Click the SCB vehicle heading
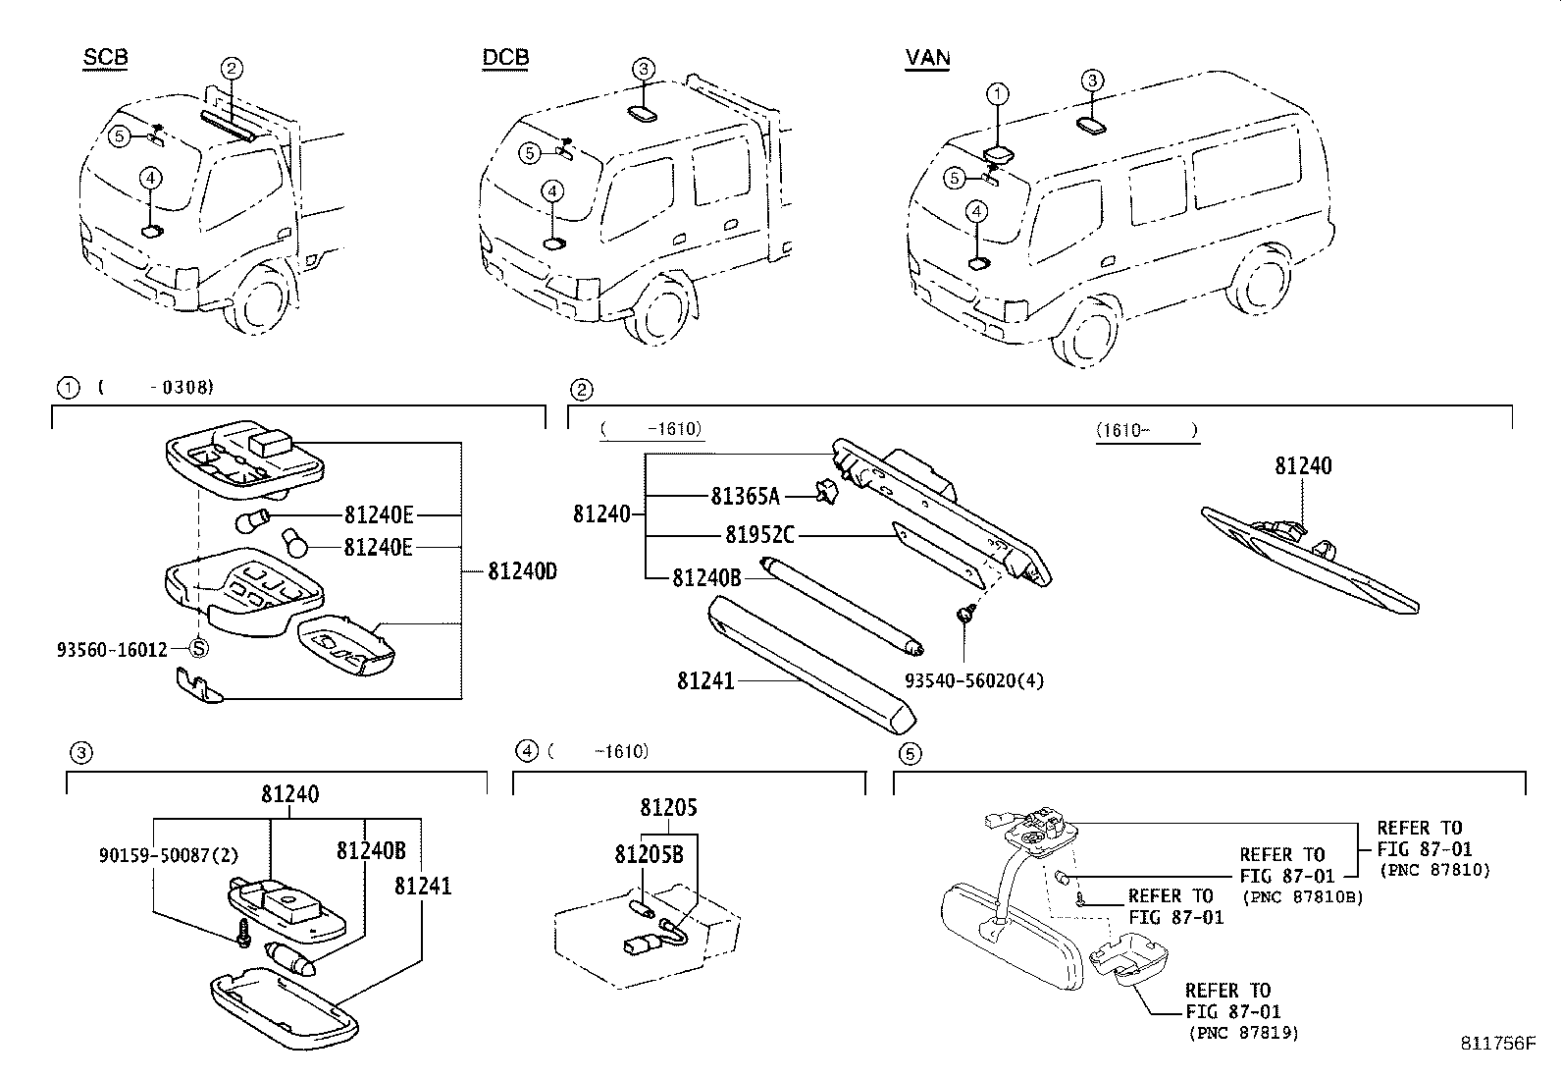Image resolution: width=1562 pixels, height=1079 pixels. click(x=105, y=58)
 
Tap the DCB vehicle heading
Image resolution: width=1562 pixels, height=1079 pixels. click(x=505, y=58)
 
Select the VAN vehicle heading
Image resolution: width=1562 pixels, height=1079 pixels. click(x=927, y=58)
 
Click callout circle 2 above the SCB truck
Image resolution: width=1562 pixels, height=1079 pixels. click(x=232, y=68)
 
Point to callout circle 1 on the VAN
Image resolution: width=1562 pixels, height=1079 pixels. click(x=997, y=95)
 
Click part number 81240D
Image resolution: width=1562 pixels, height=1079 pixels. click(x=522, y=570)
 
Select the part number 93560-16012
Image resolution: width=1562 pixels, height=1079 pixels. click(x=112, y=649)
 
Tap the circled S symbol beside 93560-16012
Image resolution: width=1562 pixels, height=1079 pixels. click(x=198, y=648)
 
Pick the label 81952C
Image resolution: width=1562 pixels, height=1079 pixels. click(x=760, y=535)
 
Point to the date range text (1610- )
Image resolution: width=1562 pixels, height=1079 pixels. click(x=1147, y=430)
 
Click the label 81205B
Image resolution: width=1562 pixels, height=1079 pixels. click(x=649, y=855)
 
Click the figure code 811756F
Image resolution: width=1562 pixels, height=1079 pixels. click(x=1495, y=1044)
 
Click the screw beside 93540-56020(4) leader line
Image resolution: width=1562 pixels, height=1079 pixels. click(x=963, y=615)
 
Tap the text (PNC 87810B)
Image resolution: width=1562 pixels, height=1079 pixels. click(x=1302, y=896)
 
